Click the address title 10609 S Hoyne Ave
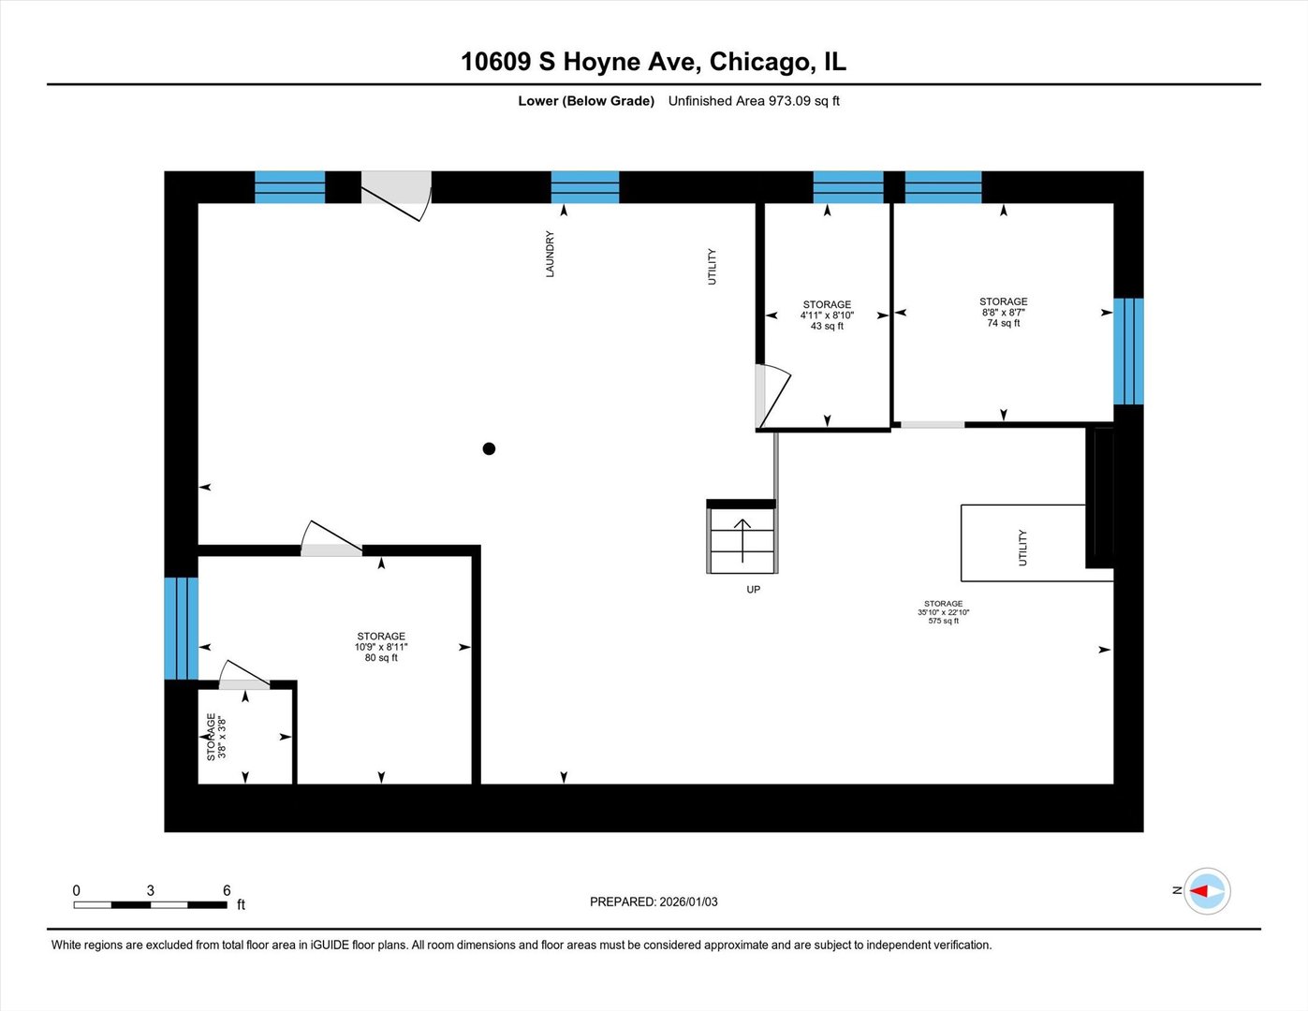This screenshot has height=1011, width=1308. pos(653,62)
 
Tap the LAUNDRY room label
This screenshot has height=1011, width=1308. pos(551,254)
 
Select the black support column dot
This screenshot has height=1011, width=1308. pos(489,448)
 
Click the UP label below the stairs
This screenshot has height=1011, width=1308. pos(753,590)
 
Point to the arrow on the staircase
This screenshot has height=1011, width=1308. pos(742,539)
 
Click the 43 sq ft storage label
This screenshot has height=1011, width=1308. pos(827,315)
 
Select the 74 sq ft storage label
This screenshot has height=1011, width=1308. pos(1003,313)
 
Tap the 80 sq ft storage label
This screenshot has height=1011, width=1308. pos(381,647)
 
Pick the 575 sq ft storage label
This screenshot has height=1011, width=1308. pos(943,612)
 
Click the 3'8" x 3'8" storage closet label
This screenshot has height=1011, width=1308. pos(216,737)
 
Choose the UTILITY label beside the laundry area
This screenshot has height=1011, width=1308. pos(712,267)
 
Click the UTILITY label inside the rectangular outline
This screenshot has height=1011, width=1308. pos(1022,548)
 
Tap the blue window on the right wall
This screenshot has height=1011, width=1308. pos(1128,351)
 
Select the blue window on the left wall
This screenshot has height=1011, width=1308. pos(181,628)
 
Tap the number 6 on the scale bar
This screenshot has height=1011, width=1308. pos(227,890)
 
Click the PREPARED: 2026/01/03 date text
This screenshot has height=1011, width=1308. pos(654,901)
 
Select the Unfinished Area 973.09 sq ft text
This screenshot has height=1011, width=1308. pos(754,101)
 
